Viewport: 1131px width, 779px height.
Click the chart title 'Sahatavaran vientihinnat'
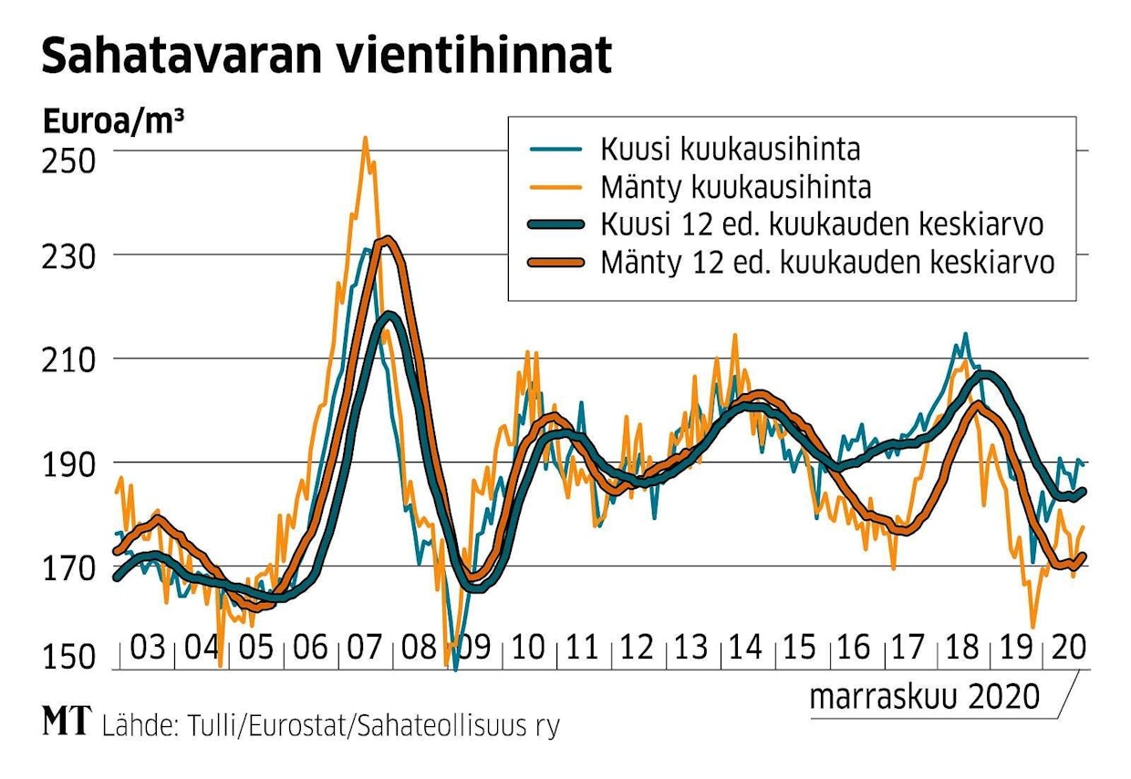point(326,57)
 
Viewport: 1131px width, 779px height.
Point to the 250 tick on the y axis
point(68,161)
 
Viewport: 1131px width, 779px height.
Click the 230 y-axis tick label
point(68,256)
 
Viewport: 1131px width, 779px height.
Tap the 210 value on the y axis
point(68,360)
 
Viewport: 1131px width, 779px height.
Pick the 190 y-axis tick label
point(68,464)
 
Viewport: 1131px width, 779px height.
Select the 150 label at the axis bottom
point(68,657)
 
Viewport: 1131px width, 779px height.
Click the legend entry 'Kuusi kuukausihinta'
point(730,149)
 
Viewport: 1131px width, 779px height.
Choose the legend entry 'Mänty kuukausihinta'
point(735,187)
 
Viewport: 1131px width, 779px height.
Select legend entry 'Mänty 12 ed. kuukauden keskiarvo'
point(827,263)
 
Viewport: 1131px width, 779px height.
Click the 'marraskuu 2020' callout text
point(924,697)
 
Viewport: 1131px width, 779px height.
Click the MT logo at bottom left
point(67,723)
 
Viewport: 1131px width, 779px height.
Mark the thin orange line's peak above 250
point(365,139)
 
